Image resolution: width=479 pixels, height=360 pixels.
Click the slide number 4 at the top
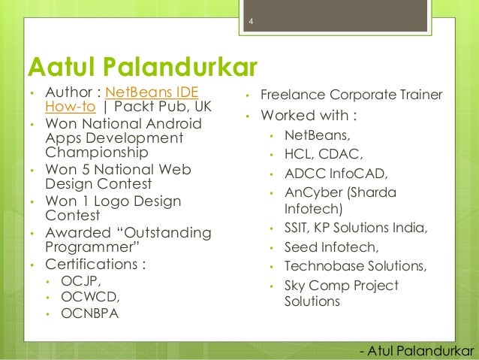[251, 31]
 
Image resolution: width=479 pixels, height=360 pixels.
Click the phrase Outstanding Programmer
[128, 241]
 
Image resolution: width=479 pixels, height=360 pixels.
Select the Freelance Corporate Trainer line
[351, 96]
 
